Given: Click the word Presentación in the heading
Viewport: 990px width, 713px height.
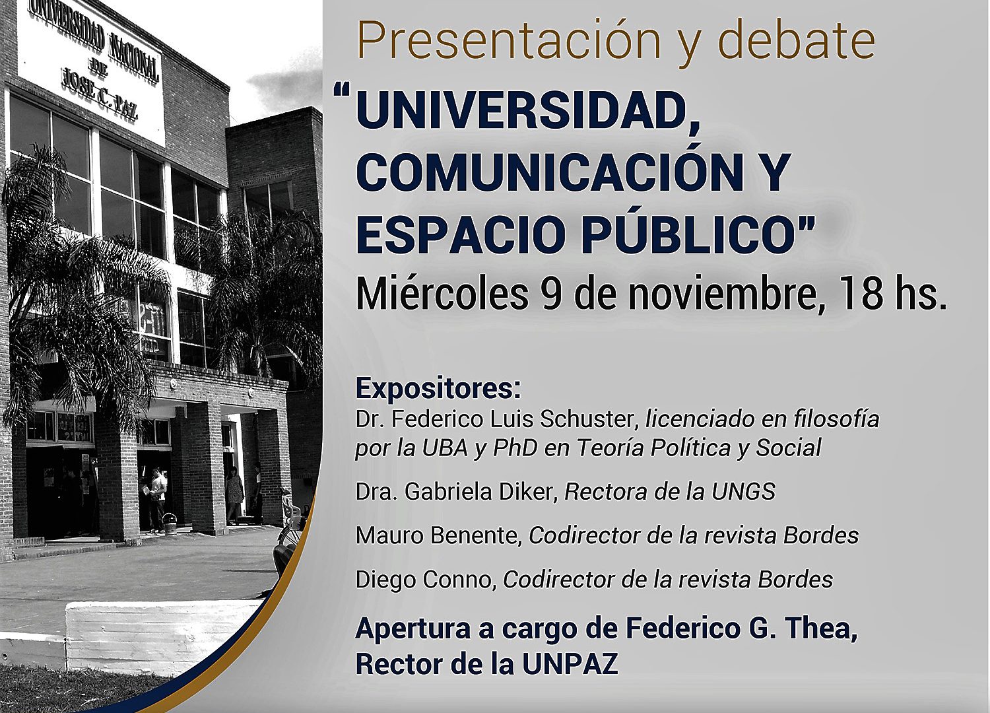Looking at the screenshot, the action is point(508,40).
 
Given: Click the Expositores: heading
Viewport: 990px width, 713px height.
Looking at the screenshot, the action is point(438,390).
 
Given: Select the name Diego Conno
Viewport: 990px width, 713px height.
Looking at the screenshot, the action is point(426,580).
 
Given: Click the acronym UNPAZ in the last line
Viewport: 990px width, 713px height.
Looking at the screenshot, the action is point(570,664).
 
